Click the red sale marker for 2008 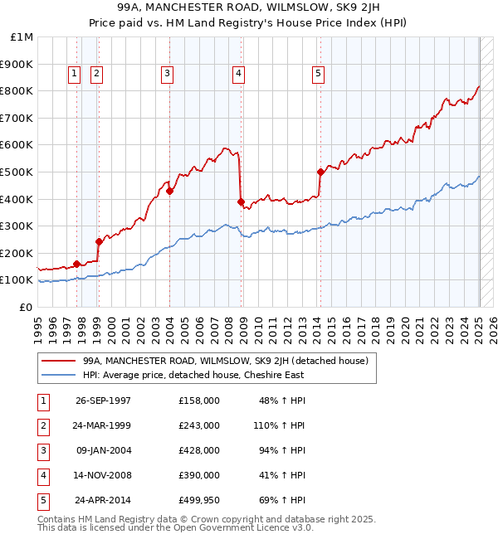tap(241, 202)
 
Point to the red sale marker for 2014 tap(320, 172)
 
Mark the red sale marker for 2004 tap(169, 191)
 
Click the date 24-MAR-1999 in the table tap(103, 425)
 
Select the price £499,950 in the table tap(198, 500)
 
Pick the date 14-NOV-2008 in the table tap(103, 475)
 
